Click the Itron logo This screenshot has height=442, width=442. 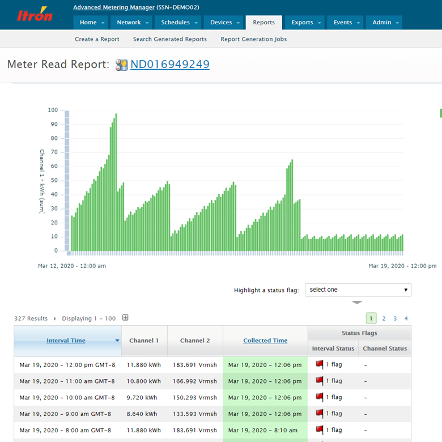35,15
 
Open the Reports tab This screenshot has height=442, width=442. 263,23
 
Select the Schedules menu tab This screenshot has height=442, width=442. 176,23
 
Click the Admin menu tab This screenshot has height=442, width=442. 382,23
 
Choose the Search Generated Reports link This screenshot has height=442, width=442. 169,39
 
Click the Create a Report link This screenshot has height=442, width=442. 97,39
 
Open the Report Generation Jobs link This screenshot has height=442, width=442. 253,39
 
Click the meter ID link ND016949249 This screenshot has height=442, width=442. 169,64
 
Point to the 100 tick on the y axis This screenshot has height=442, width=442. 52,110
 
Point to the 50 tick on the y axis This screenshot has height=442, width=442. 54,180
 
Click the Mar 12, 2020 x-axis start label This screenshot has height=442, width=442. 72,265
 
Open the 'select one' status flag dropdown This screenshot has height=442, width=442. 358,290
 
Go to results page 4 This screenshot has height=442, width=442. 406,318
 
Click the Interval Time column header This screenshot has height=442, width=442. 66,341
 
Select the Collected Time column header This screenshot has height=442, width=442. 265,341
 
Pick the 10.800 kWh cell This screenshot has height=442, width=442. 144,381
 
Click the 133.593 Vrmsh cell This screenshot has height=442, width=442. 195,414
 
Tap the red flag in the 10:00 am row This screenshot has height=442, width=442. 319,397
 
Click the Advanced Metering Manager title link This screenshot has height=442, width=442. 114,7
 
